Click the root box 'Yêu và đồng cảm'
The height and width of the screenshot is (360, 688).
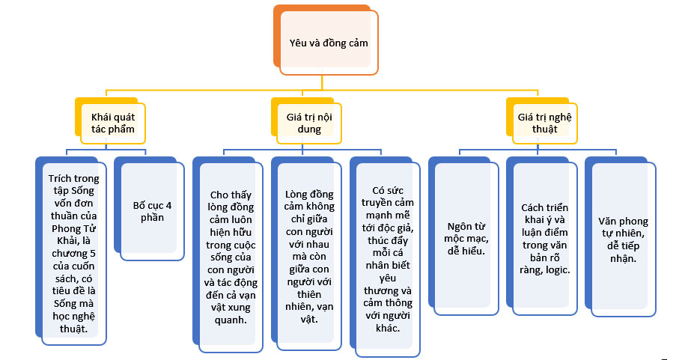(x=329, y=43)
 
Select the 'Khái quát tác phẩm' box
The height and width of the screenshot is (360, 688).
(x=112, y=123)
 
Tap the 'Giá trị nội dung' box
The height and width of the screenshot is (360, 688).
(x=303, y=123)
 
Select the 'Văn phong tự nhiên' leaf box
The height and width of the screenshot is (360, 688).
(x=624, y=239)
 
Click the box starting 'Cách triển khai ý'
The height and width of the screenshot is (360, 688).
(x=545, y=237)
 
